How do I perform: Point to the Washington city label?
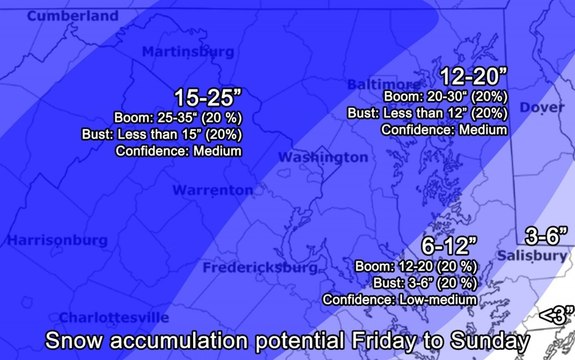pos(322,158)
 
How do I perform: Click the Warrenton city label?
pos(212,190)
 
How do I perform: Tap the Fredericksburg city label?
pos(259,268)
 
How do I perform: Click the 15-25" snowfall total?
pos(208,97)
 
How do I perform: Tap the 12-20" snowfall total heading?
pos(475,75)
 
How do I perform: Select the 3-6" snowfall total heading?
pos(547,235)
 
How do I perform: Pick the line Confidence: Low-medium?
pos(399,299)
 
